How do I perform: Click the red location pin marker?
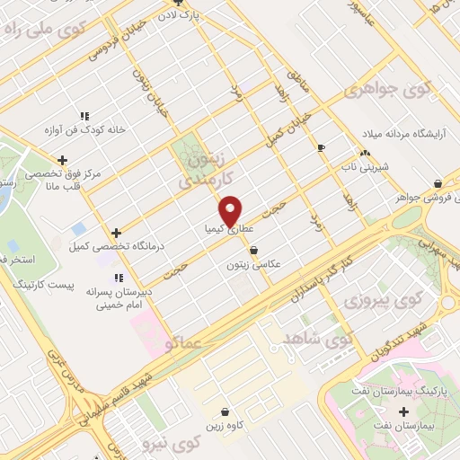coord(232,209)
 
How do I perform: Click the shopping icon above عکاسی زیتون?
coord(253,250)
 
